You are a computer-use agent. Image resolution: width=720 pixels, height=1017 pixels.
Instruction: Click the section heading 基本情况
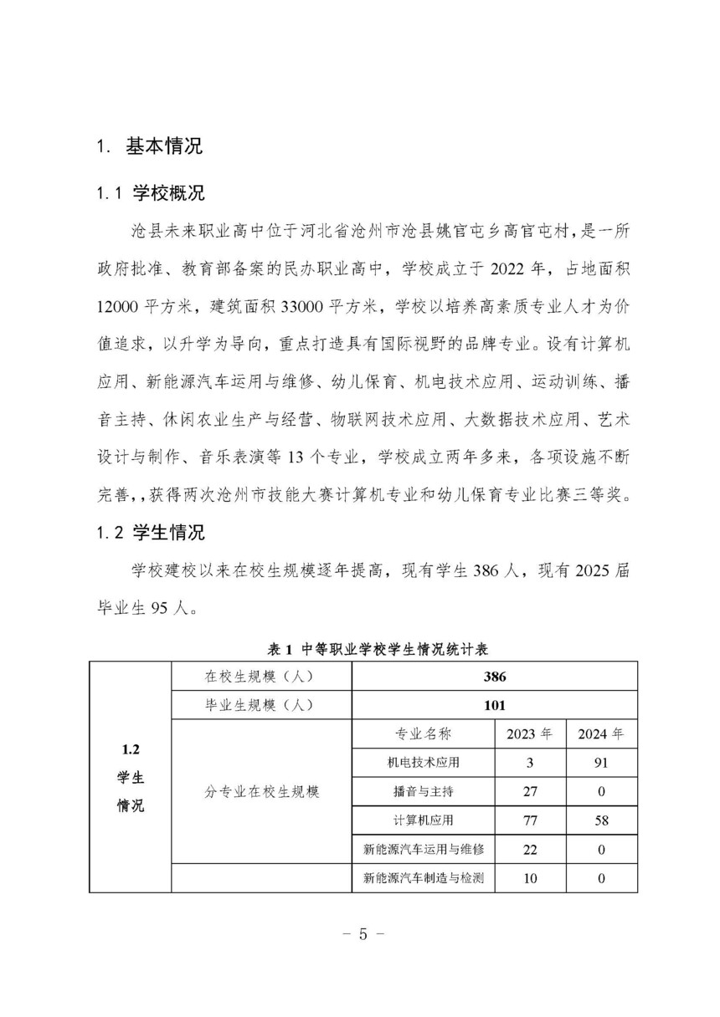164,146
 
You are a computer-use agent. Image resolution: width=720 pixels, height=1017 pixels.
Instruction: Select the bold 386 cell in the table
494,677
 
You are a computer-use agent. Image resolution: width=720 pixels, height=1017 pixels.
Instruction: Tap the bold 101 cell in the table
494,704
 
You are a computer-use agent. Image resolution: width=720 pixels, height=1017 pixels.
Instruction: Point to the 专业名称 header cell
423,733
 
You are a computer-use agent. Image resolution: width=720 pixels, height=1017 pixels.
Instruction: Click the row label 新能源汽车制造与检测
424,878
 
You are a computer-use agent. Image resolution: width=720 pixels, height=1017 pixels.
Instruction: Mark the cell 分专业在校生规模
262,791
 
